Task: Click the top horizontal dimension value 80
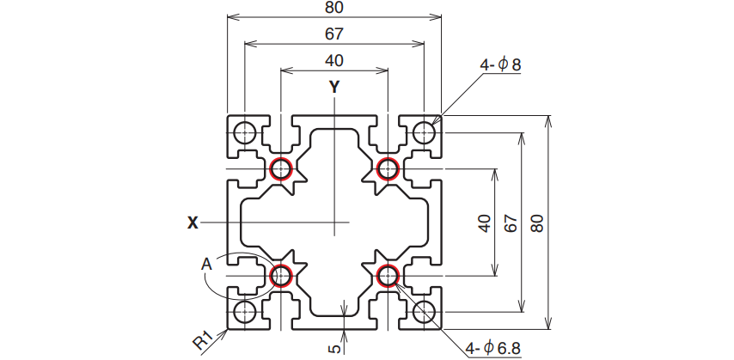(x=333, y=8)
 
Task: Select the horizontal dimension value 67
(x=333, y=34)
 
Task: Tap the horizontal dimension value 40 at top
(x=333, y=60)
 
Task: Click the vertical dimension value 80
(x=537, y=223)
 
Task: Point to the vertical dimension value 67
(x=511, y=223)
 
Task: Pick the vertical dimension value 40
(x=485, y=223)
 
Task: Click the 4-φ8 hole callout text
(x=500, y=64)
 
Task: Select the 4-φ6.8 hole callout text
(x=493, y=348)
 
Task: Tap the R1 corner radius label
(x=203, y=341)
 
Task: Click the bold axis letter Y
(x=333, y=87)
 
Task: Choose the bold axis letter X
(x=193, y=223)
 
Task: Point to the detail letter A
(x=206, y=265)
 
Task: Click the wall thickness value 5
(x=334, y=349)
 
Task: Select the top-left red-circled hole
(x=281, y=168)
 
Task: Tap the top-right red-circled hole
(x=388, y=168)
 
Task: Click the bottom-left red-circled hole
(x=281, y=276)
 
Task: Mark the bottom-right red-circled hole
(x=388, y=276)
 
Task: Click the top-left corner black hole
(x=245, y=132)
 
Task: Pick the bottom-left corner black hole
(x=245, y=312)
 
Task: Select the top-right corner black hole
(x=425, y=132)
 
